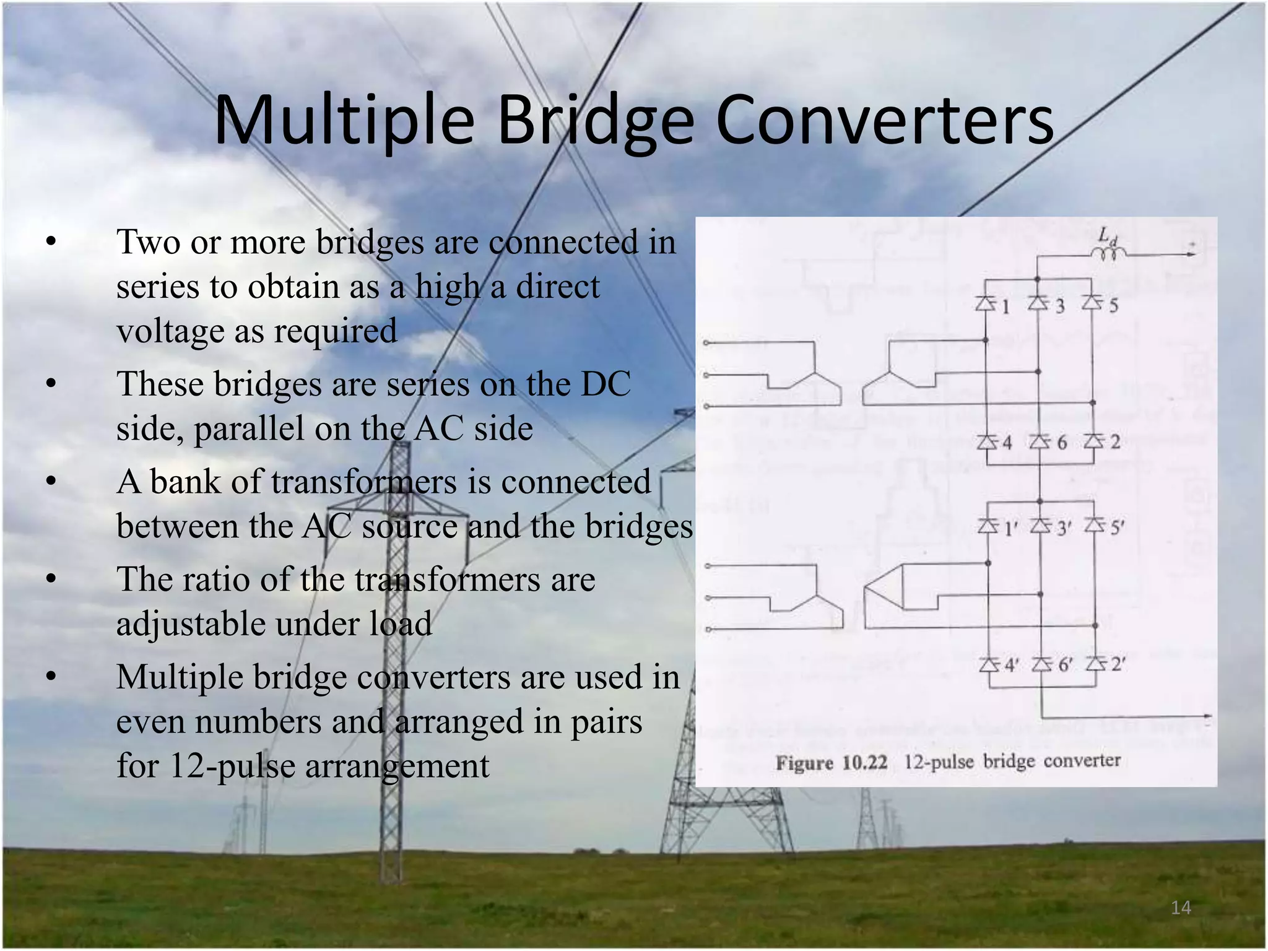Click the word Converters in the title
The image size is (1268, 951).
(884, 121)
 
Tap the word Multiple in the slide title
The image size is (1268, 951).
(344, 121)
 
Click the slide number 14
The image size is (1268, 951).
(1181, 908)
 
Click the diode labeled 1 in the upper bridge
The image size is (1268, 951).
(985, 303)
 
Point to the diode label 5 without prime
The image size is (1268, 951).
(1114, 305)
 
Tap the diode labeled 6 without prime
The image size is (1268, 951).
(1040, 441)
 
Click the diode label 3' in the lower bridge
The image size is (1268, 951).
(1064, 528)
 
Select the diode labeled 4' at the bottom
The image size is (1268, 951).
(989, 665)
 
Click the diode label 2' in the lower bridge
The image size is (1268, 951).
(1118, 665)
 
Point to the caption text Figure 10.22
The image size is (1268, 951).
(832, 762)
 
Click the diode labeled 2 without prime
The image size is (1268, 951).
(1093, 441)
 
